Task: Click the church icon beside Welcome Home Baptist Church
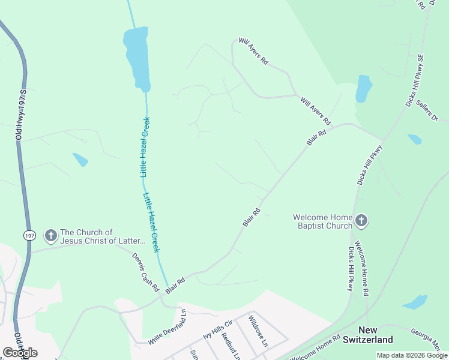pos(361,221)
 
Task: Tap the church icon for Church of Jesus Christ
pos(51,236)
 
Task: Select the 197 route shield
pos(30,236)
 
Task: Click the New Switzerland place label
pos(369,335)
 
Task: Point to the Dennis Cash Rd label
pos(142,269)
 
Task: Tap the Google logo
pos(20,352)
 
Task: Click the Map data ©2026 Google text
pos(412,355)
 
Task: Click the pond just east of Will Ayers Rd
pos(364,88)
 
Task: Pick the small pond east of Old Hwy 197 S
pos(80,160)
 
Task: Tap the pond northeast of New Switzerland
pos(415,302)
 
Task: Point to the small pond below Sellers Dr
pos(414,139)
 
